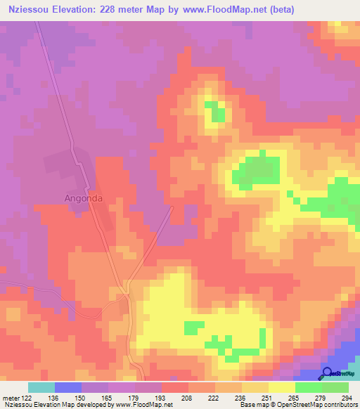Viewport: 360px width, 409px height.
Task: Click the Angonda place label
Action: [84, 198]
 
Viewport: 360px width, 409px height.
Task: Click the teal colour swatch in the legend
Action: [41, 387]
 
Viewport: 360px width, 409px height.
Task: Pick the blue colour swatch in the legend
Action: [68, 387]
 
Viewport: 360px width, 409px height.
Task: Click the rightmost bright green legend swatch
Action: [335, 387]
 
